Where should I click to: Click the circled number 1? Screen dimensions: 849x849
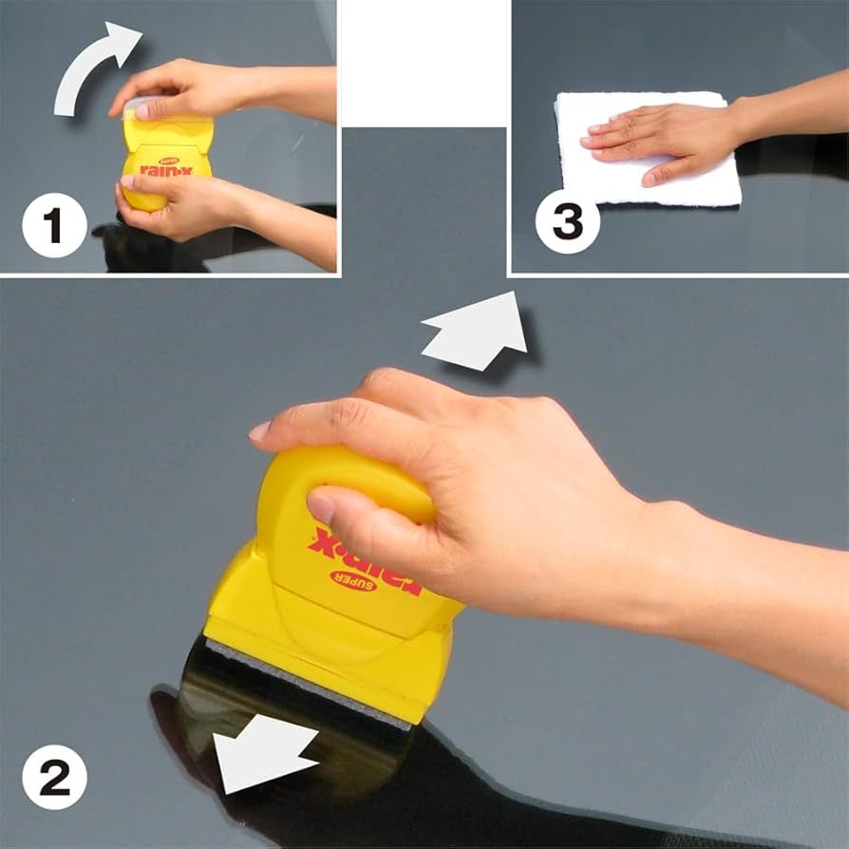click(54, 225)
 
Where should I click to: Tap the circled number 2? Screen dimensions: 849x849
click(54, 777)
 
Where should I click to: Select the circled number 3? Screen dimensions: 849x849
click(568, 221)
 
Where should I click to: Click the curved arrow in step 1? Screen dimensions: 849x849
click(89, 67)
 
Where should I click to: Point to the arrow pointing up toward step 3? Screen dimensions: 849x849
click(477, 331)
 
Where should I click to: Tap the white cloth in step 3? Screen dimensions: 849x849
click(647, 149)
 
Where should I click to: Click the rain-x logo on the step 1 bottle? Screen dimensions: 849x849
click(166, 170)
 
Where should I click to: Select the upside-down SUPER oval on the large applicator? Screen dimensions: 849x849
click(353, 581)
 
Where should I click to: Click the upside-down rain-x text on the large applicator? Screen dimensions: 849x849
click(364, 560)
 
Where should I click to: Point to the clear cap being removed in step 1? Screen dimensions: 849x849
click(143, 106)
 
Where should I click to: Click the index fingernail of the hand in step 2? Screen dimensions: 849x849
click(259, 431)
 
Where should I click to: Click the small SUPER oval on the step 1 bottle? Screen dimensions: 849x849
click(169, 161)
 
